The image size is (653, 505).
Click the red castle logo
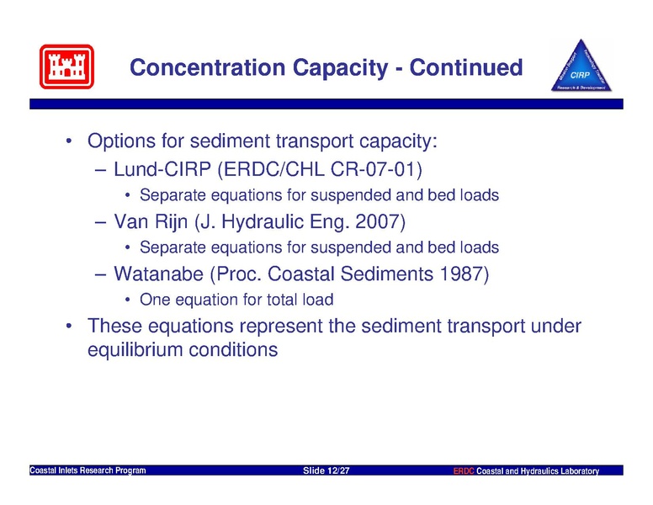click(66, 66)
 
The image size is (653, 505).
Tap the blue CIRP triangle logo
click(581, 66)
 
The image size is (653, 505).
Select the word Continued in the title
click(466, 67)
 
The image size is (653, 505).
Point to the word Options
click(122, 141)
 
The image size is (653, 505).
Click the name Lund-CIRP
click(162, 169)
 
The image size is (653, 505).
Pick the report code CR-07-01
click(376, 169)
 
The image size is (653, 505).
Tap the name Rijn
click(171, 221)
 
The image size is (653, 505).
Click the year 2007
click(378, 221)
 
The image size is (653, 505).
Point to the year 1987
click(461, 274)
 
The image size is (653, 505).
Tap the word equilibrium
click(135, 349)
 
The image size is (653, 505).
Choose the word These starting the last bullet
click(114, 326)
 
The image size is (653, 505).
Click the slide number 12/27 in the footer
click(338, 470)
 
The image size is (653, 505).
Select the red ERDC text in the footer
click(464, 470)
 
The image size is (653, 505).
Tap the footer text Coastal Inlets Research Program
click(88, 470)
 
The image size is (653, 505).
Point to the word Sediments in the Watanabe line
click(387, 274)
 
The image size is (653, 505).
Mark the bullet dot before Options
click(69, 141)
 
